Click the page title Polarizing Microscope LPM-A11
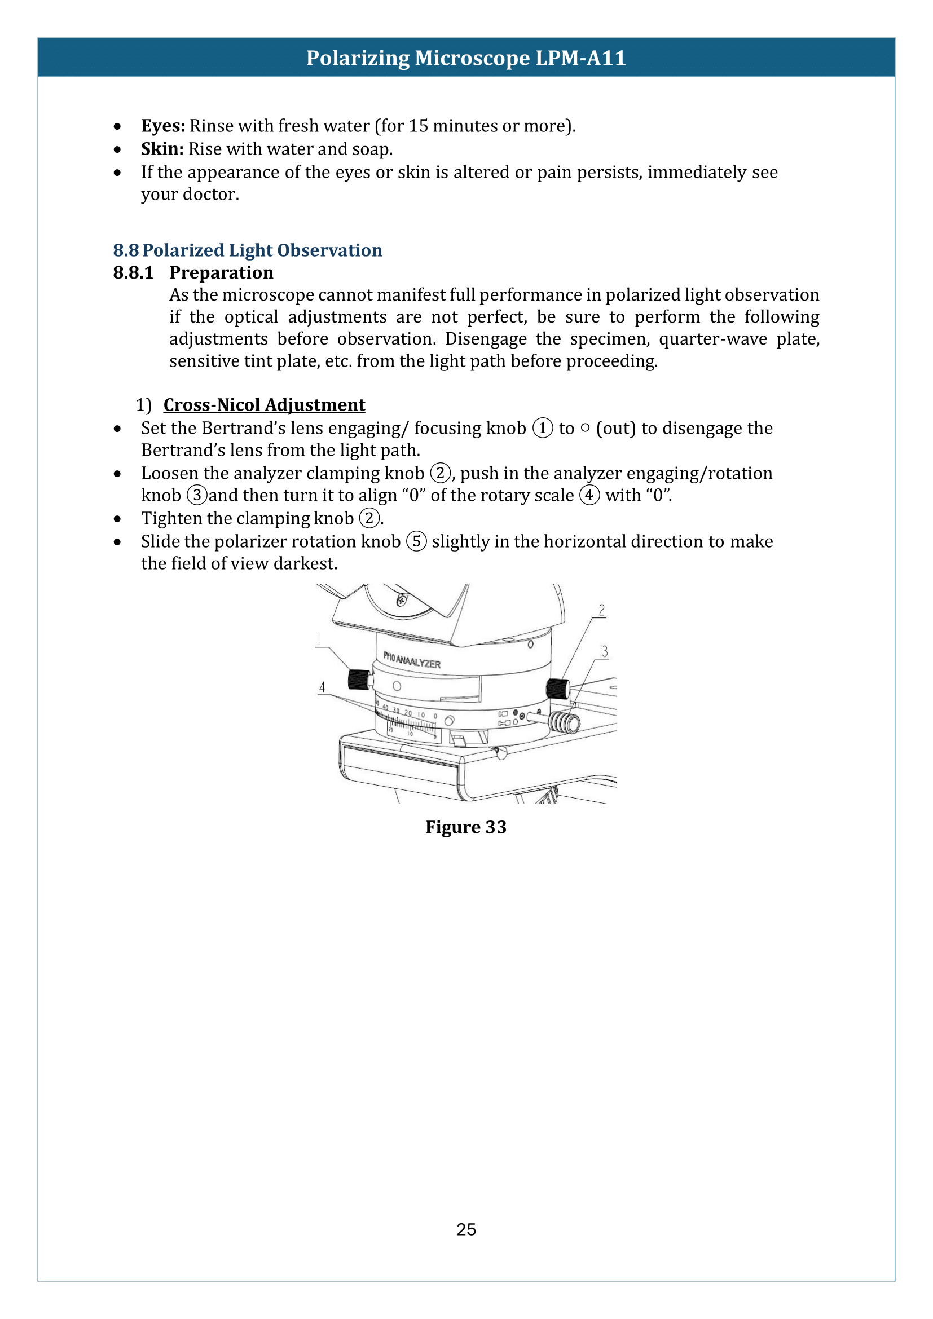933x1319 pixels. click(x=465, y=58)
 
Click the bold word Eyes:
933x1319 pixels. click(x=163, y=126)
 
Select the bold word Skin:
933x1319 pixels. click(x=162, y=149)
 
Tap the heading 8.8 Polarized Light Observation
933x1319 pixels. click(x=248, y=250)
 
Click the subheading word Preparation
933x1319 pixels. click(x=221, y=272)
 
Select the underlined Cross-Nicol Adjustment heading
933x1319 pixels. click(x=264, y=405)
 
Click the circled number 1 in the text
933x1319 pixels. click(x=542, y=428)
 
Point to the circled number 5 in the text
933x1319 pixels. click(x=416, y=541)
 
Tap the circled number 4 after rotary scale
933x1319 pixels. click(x=589, y=495)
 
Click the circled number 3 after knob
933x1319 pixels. click(x=197, y=495)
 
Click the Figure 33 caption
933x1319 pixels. click(x=465, y=827)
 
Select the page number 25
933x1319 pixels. click(x=466, y=1229)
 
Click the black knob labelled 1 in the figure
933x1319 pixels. click(x=359, y=680)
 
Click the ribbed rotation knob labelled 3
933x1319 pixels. click(x=564, y=723)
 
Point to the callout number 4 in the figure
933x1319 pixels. click(x=322, y=687)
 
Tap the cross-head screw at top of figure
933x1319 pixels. click(x=402, y=601)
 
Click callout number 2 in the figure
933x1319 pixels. click(x=601, y=610)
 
